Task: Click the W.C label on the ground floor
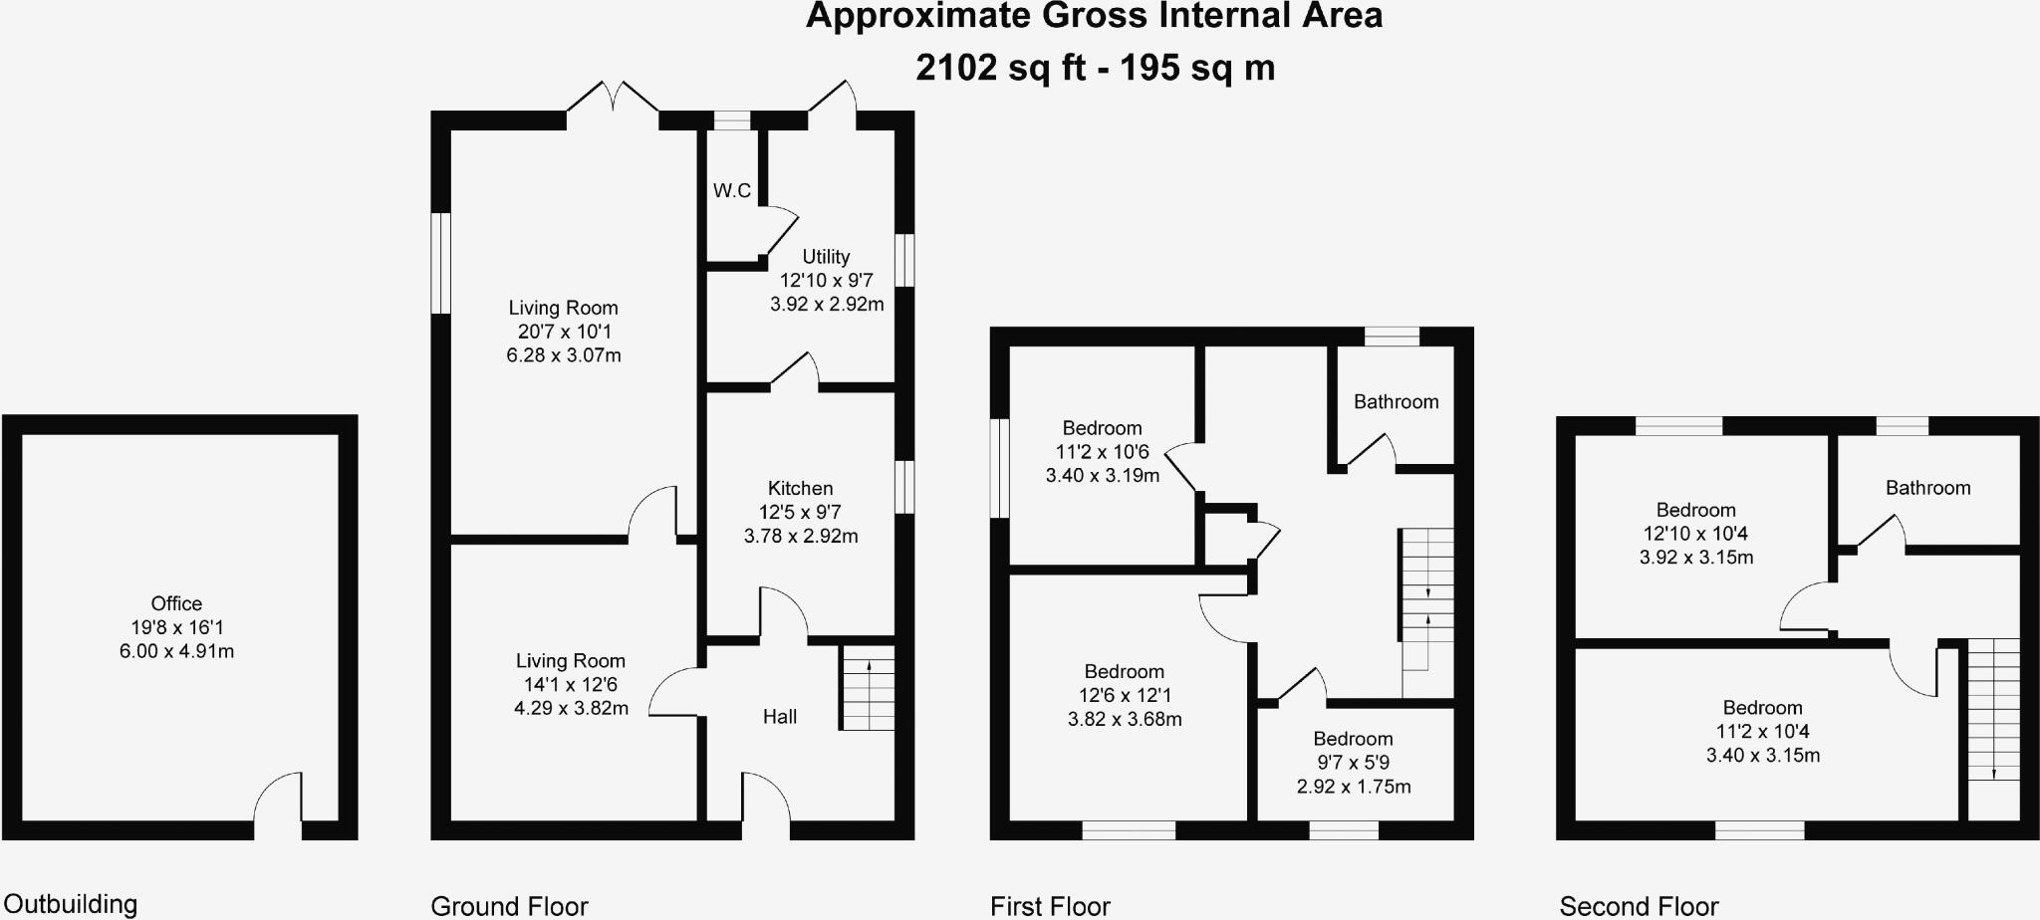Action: [732, 190]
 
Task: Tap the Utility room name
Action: [826, 257]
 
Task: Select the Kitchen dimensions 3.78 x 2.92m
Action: [801, 536]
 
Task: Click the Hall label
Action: [780, 717]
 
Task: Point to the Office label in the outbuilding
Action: [176, 603]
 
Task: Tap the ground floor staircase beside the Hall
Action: [868, 688]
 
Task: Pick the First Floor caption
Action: [1050, 906]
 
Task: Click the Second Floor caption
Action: [1639, 906]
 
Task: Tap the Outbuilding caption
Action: [71, 904]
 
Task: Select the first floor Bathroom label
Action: [1396, 402]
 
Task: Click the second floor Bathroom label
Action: [1927, 488]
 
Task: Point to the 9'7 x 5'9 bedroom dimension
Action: [1353, 763]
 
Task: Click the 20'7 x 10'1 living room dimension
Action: [564, 332]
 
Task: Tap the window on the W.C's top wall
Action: [732, 120]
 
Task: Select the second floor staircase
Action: [1994, 727]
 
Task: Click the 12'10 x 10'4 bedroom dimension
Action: [1695, 534]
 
